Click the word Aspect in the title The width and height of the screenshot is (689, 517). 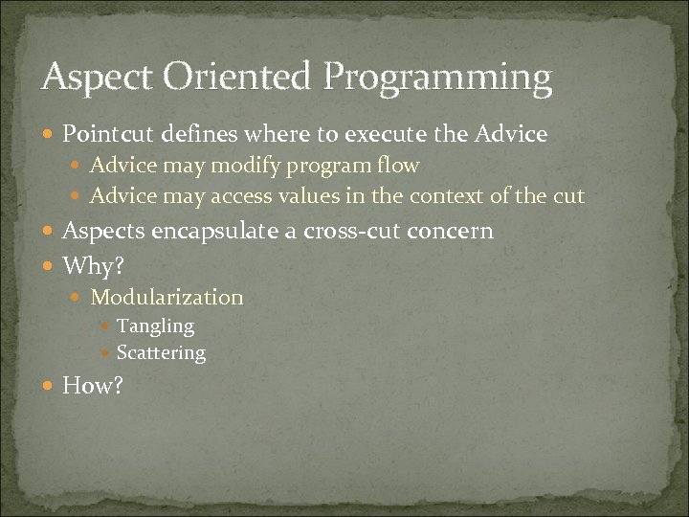[92, 77]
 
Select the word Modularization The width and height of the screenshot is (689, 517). [167, 298]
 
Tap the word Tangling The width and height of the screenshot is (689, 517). [155, 326]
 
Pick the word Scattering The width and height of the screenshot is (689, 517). [161, 353]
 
